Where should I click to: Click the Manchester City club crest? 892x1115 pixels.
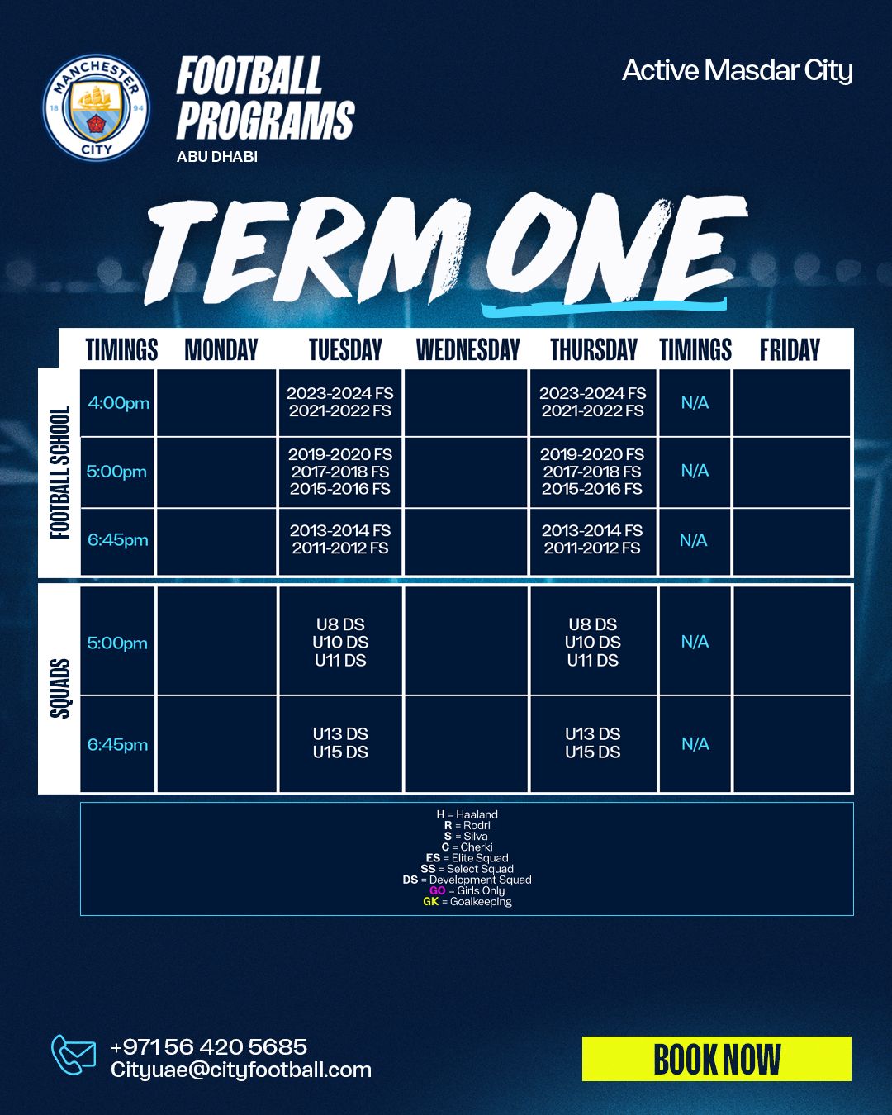coord(97,107)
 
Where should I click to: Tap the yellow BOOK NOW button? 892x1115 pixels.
coord(716,1059)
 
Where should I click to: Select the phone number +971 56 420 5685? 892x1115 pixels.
coord(209,1046)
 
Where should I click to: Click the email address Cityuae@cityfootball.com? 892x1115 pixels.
coord(241,1070)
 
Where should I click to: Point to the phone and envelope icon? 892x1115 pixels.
coord(73,1055)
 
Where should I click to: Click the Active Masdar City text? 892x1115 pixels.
coord(737,70)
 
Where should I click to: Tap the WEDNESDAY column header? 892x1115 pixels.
coord(467,349)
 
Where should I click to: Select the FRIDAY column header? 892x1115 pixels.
coord(790,349)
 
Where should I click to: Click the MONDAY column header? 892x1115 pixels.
coord(221,349)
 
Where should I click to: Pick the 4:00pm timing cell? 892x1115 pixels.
coord(117,402)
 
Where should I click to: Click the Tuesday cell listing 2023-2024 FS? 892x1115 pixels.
coord(340,402)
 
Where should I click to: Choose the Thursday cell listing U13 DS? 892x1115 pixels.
coord(593,743)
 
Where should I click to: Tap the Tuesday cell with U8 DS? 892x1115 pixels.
coord(340,642)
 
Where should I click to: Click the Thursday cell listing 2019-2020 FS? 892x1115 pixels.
coord(592,472)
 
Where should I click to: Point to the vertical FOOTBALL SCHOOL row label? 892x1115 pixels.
coord(59,472)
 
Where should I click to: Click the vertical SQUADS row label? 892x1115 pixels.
coord(59,689)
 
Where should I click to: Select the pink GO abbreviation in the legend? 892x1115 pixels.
coord(438,890)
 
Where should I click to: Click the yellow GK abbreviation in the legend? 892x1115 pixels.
coord(430,901)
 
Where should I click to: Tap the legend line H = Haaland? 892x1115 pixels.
coord(467,814)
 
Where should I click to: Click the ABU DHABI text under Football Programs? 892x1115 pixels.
coord(217,157)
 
